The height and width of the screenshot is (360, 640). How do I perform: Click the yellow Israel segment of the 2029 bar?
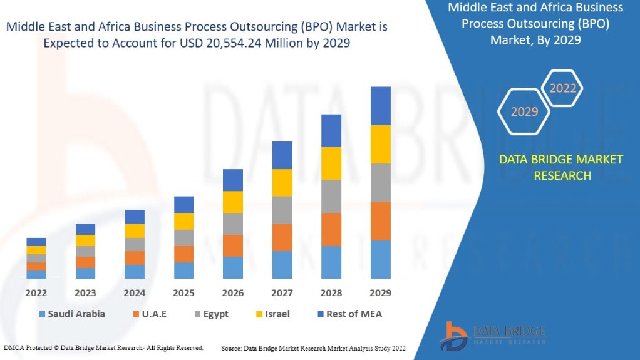tap(380, 144)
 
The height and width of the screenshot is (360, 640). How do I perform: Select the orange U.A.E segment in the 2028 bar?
tap(331, 229)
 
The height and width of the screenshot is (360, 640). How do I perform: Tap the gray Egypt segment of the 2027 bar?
tap(282, 210)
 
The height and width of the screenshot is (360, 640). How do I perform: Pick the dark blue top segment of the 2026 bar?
tap(232, 180)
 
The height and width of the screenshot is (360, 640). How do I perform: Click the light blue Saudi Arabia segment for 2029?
tap(380, 259)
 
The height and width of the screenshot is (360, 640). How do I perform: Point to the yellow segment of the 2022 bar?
tap(36, 250)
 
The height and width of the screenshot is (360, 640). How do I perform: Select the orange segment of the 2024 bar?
tap(135, 257)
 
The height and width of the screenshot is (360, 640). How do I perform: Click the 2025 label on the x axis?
tap(183, 292)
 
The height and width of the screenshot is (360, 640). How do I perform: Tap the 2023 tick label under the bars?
tap(85, 292)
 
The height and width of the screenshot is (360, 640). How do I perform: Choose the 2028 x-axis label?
tap(331, 292)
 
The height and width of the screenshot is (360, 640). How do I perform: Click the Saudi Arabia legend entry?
tap(72, 314)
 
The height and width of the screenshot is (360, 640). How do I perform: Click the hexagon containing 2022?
tap(562, 88)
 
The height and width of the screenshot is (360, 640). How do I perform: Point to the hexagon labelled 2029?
tap(524, 111)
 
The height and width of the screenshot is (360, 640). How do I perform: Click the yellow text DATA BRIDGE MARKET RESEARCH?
tap(560, 167)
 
